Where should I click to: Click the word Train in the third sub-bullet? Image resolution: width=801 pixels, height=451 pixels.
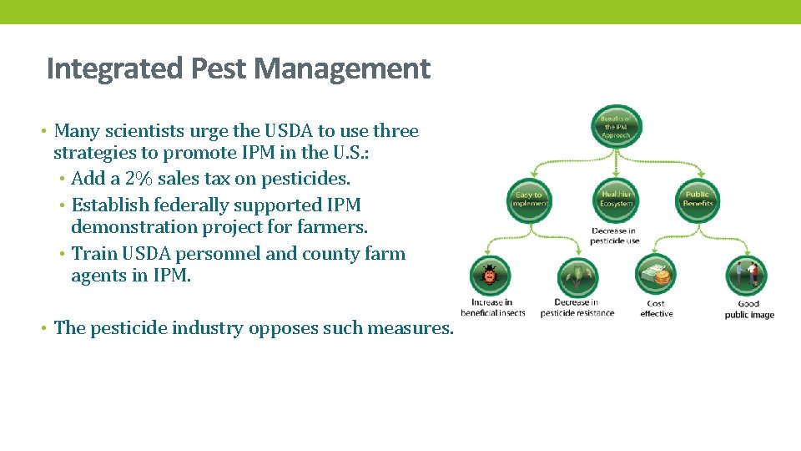[x=94, y=253]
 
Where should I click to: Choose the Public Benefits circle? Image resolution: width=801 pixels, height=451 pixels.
[x=697, y=199]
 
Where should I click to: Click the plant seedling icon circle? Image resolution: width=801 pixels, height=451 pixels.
[x=577, y=276]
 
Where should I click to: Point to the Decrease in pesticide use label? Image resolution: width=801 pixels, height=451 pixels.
[x=615, y=236]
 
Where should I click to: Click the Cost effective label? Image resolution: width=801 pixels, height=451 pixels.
[x=656, y=309]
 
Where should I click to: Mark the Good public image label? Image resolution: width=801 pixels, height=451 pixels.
[x=748, y=309]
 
